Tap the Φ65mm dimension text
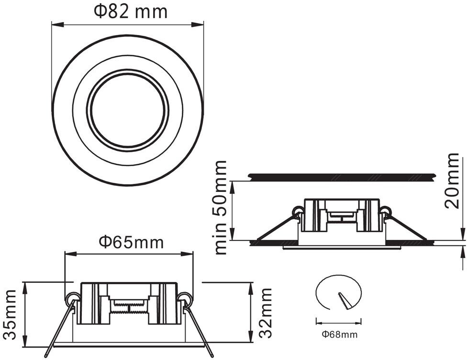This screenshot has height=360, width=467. (x=131, y=242)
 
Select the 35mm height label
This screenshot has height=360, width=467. (x=11, y=315)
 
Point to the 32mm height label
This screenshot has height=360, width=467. (x=266, y=313)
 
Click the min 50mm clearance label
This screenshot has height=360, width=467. (x=221, y=207)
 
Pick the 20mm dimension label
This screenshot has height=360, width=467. (x=452, y=180)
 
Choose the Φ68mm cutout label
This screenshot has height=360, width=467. (x=339, y=334)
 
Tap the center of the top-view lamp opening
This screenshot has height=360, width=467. (x=128, y=109)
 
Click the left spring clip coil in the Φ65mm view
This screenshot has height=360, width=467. (x=73, y=298)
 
